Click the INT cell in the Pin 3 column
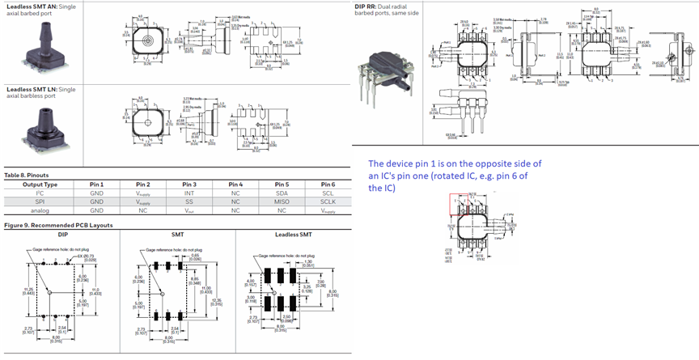189,193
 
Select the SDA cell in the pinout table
282,193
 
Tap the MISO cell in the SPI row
282,201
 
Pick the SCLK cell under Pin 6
328,201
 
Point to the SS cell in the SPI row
189,201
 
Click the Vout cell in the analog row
189,210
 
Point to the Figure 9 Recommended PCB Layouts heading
59,224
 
